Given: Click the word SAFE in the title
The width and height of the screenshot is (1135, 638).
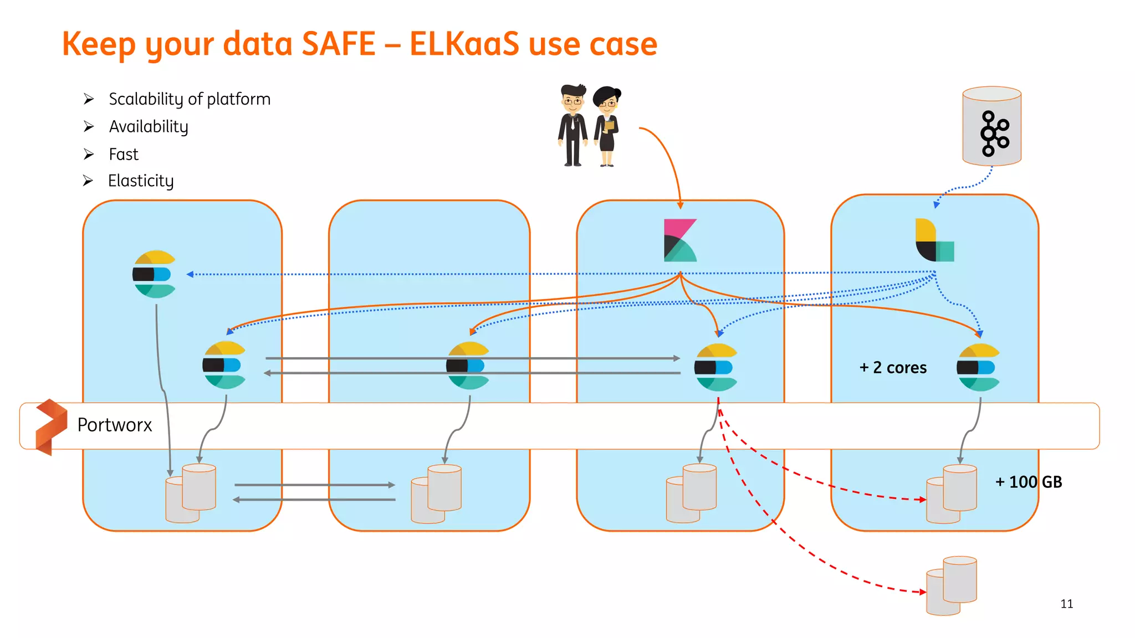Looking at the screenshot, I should point(339,44).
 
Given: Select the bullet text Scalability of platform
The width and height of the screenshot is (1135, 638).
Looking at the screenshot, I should point(190,99).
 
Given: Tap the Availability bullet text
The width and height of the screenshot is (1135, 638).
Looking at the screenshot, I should point(149,127).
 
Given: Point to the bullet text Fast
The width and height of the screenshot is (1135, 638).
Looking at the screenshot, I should point(124,154).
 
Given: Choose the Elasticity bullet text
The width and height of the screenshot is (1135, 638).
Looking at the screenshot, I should point(141,181).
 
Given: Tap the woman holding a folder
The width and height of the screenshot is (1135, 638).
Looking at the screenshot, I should point(607,126).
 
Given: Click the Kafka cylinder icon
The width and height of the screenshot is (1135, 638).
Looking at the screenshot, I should point(991,126).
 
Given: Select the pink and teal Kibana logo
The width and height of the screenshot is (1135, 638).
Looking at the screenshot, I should point(680,240).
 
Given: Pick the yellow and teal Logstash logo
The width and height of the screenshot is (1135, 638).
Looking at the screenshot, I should point(934,240).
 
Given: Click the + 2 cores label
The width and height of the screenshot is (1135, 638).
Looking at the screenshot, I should point(893,368).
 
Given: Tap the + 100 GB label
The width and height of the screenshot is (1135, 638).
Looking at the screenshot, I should point(1029,482).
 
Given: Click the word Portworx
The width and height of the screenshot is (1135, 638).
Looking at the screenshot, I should point(115,425).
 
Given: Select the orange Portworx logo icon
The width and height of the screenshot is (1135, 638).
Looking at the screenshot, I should point(51,426).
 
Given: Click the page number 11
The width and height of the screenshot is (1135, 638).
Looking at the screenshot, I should point(1066,604).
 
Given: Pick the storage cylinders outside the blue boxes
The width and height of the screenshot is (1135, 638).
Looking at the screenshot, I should point(952,586).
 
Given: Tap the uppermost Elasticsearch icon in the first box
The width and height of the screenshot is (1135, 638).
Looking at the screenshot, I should point(154,274).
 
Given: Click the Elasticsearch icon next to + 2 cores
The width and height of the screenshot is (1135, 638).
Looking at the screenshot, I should point(978,367).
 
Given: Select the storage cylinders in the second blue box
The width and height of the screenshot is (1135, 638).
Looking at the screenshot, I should point(436,493).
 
